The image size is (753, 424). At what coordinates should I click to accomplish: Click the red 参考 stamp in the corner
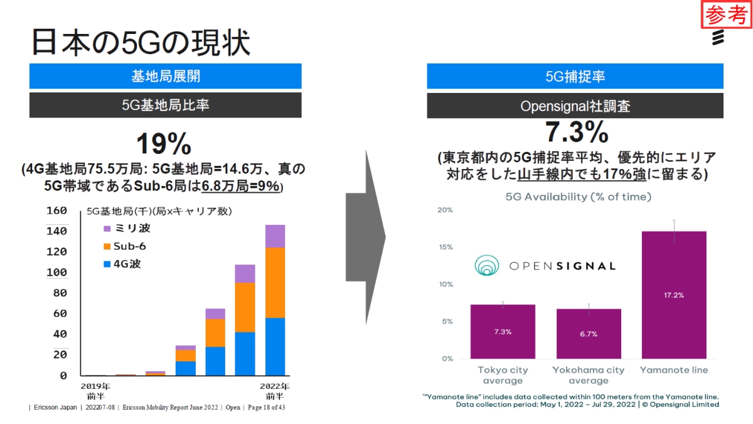point(725,15)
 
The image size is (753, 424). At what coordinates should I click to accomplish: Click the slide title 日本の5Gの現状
point(141,43)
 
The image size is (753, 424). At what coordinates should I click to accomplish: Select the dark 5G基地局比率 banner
point(165,105)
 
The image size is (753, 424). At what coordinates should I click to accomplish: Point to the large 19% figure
point(164,144)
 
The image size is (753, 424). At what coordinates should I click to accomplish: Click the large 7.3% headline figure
point(575,133)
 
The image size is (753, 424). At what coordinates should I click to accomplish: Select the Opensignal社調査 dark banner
point(575,106)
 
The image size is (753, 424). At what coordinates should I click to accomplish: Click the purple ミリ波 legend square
point(107,229)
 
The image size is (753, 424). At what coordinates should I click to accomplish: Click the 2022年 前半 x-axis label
point(275,391)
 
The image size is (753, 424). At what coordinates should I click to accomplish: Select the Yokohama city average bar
point(588,334)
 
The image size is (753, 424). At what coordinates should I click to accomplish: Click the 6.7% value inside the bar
point(588,334)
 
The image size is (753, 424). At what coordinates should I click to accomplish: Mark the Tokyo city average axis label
point(503,375)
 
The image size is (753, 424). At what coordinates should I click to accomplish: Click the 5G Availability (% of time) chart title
point(578,197)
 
